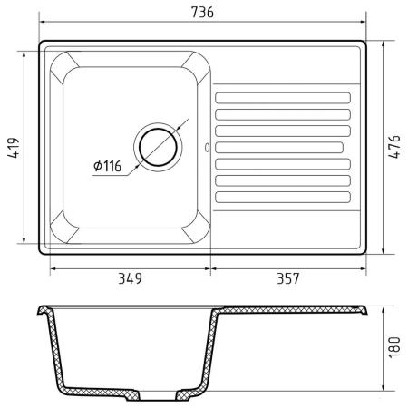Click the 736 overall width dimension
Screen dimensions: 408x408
202,12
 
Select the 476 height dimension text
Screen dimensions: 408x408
394,147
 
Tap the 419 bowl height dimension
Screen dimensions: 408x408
14,148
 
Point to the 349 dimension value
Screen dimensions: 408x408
130,278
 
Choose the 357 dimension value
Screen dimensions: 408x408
288,278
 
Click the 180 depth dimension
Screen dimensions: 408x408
394,347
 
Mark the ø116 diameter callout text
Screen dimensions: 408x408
107,166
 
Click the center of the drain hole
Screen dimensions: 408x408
158,147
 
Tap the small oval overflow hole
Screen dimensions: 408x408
207,148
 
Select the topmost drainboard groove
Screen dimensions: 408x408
283,98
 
